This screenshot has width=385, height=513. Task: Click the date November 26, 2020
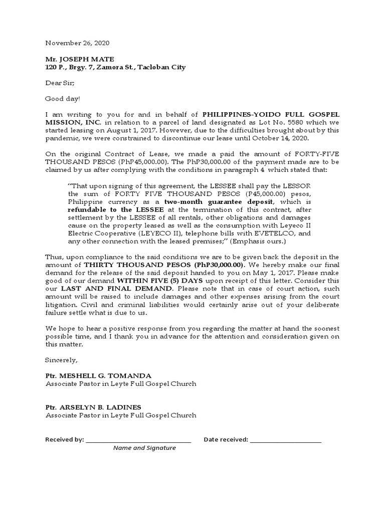(77, 44)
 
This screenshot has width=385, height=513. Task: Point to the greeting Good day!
(62, 99)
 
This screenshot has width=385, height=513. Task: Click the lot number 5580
(279, 123)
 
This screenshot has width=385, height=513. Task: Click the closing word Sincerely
(62, 360)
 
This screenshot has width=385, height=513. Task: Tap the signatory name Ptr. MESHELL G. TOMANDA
(98, 376)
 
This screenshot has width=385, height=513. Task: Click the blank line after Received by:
(138, 440)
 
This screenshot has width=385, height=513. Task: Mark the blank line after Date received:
(285, 440)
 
